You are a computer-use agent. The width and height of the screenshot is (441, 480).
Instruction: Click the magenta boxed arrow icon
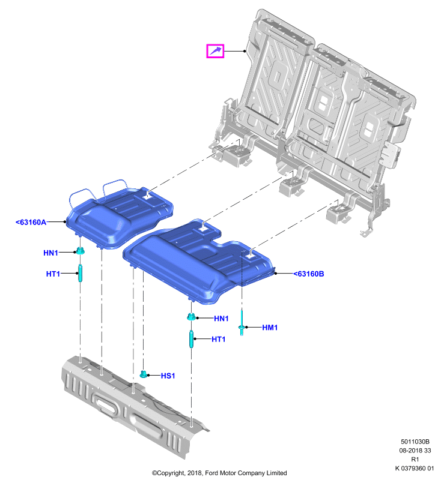[215, 51]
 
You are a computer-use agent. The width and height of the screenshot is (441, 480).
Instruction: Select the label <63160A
[31, 222]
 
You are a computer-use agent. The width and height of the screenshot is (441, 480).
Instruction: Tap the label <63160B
[309, 274]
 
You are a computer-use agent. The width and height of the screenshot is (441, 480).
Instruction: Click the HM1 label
[270, 328]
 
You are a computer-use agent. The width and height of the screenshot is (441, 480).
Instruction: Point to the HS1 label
[168, 376]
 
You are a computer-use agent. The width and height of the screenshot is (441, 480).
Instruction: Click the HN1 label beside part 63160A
[50, 253]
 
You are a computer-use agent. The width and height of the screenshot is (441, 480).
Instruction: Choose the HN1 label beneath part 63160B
[221, 319]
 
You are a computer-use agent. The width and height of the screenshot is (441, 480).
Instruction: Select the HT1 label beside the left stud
[53, 274]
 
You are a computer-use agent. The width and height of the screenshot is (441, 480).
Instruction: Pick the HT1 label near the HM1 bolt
[219, 339]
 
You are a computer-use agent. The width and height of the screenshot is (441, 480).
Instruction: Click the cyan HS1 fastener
[143, 374]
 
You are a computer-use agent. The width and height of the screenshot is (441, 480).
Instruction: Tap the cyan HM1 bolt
[242, 323]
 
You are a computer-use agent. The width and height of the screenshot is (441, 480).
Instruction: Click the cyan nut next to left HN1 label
[81, 251]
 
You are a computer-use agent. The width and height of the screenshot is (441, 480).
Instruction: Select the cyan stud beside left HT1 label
[81, 273]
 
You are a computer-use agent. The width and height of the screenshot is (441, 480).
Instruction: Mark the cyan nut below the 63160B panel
[191, 317]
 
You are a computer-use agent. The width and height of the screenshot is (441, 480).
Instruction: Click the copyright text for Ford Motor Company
[219, 473]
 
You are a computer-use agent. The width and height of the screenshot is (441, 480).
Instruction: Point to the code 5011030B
[415, 442]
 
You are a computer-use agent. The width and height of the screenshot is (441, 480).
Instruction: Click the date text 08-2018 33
[415, 451]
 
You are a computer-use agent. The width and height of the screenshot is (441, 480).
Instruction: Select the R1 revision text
[415, 459]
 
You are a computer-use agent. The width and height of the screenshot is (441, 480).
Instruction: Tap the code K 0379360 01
[415, 468]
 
